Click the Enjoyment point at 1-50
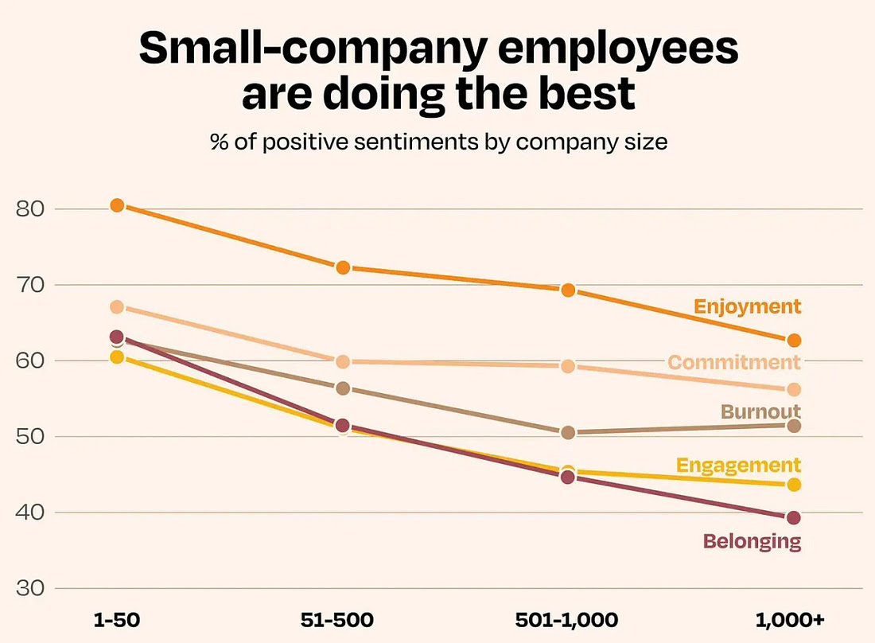tap(117, 205)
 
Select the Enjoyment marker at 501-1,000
tap(568, 290)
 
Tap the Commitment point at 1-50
tap(117, 307)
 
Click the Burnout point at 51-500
tap(343, 388)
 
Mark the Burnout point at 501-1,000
tap(568, 433)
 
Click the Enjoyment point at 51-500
tap(343, 267)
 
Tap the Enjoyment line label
tap(747, 306)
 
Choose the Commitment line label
tap(733, 363)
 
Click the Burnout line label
tap(760, 411)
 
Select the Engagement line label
tap(738, 465)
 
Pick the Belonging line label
tap(752, 542)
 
